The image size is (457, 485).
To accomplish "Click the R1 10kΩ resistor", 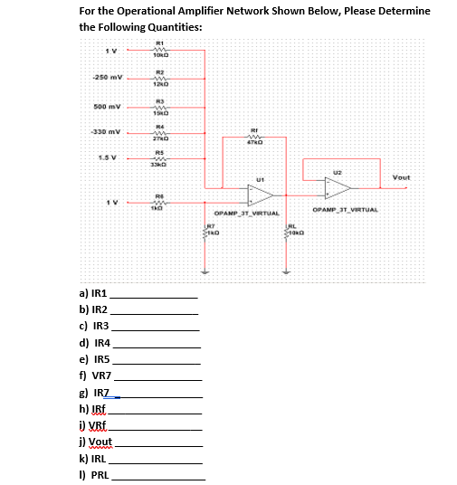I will pyautogui.click(x=158, y=50).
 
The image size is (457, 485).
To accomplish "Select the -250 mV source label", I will pyautogui.click(x=107, y=78).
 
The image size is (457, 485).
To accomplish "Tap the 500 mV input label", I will pyautogui.click(x=108, y=106).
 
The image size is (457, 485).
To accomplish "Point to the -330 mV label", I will pyautogui.click(x=108, y=132).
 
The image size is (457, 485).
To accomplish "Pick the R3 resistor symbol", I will pyautogui.click(x=158, y=106).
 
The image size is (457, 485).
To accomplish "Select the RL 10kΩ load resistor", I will pyautogui.click(x=289, y=232).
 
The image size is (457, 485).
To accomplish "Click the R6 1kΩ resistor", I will pyautogui.click(x=158, y=203).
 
